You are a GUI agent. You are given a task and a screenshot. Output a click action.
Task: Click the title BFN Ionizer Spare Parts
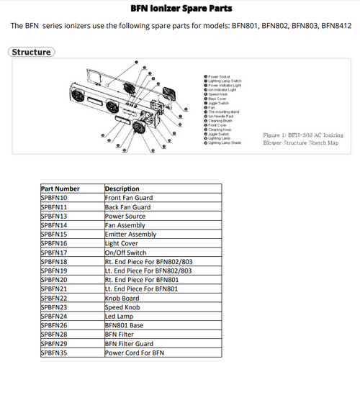click(179, 9)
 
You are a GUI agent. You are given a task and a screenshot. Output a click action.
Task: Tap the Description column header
click(122, 189)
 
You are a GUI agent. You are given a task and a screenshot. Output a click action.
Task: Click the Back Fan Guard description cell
click(127, 206)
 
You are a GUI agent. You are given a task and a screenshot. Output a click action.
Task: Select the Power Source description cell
click(125, 216)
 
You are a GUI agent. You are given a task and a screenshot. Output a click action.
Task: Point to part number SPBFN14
click(54, 225)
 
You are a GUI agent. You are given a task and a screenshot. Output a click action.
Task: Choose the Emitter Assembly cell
click(130, 235)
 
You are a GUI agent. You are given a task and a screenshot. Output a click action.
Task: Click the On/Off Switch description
click(125, 253)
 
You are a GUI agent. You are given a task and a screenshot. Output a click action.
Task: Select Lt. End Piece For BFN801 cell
click(143, 289)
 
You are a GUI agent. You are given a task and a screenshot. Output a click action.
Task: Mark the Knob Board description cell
click(122, 298)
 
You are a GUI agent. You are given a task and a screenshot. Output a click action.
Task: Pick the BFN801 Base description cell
click(124, 325)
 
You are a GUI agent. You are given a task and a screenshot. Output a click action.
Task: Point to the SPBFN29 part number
click(54, 344)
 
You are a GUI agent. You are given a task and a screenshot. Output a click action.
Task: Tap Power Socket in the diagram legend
click(219, 76)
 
